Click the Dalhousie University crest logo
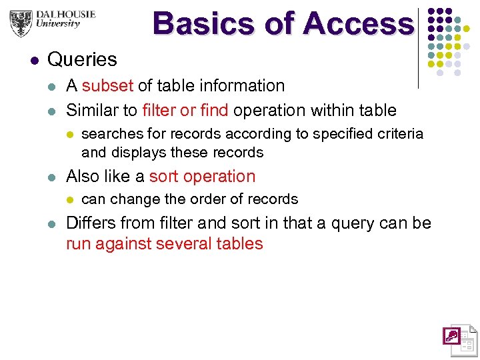(21, 23)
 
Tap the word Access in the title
(358, 24)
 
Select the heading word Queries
(82, 59)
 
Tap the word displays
(139, 153)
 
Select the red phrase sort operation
(202, 177)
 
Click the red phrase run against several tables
(164, 244)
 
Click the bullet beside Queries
(34, 60)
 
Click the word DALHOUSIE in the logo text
(66, 14)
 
